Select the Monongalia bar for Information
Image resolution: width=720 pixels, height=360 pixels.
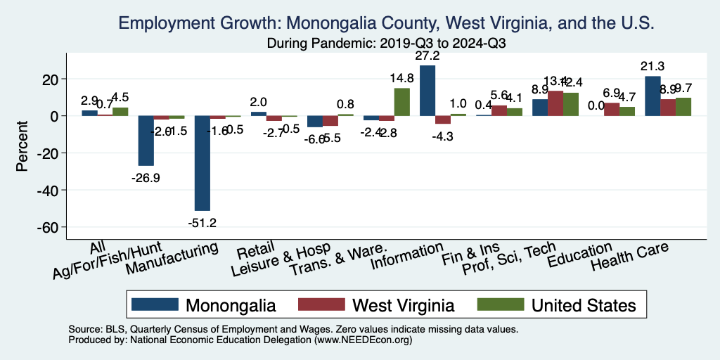(427, 91)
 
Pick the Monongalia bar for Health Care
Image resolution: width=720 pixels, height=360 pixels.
(652, 96)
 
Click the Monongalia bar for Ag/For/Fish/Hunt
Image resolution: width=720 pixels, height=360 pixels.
(146, 141)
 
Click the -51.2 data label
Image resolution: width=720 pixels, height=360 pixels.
(202, 223)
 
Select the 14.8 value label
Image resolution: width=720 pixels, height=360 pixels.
(401, 77)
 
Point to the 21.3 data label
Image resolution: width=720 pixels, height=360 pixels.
(652, 65)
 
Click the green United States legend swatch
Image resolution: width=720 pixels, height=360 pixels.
(501, 304)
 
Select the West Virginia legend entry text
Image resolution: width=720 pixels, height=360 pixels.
(404, 305)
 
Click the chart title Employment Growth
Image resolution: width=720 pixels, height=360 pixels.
(387, 23)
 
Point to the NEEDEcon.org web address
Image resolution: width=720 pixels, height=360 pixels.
(363, 339)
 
